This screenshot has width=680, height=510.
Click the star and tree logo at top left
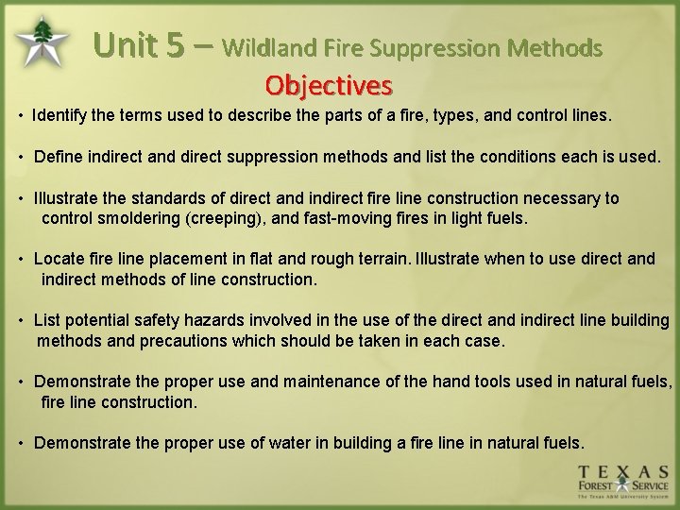[42, 41]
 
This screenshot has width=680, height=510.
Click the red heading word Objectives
[329, 86]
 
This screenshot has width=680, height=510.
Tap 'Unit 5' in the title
[139, 45]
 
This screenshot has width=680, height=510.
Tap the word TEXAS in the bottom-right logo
[623, 471]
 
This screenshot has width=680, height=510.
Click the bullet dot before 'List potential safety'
[21, 321]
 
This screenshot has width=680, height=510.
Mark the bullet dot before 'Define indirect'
[21, 157]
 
